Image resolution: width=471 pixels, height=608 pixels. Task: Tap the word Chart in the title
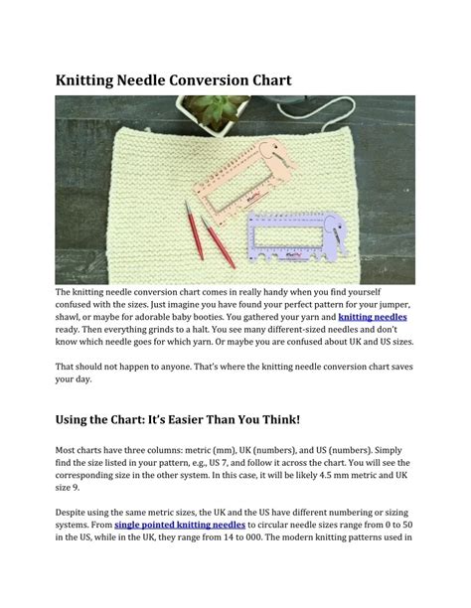[266, 79]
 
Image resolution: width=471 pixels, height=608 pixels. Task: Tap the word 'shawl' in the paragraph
[71, 317]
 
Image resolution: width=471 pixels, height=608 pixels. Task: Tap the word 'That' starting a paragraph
[67, 367]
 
